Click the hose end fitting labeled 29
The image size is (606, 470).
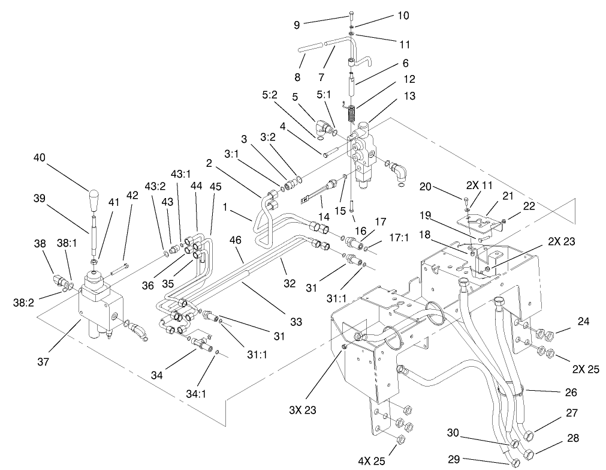(x=515, y=462)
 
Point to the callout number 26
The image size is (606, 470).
(x=570, y=393)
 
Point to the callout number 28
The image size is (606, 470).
(x=573, y=438)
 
